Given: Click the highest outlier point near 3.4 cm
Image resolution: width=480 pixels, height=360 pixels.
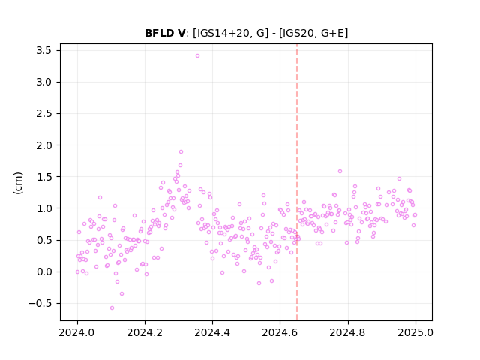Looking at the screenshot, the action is [x=197, y=55].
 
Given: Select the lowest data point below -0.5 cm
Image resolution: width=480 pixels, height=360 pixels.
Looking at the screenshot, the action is [x=112, y=307].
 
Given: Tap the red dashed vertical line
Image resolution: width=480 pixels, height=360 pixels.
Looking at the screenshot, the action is [x=297, y=182].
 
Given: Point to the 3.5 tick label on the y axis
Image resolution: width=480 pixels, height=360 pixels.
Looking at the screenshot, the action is [x=43, y=50].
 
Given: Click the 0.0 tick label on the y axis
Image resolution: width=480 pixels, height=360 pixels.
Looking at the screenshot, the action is [x=44, y=271].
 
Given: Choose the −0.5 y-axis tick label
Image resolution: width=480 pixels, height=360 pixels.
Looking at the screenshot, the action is [x=40, y=303].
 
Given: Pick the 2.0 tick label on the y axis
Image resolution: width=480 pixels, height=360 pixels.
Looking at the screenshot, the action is [x=43, y=145].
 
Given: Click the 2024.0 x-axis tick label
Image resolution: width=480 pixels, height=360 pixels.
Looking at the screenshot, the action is [x=77, y=332].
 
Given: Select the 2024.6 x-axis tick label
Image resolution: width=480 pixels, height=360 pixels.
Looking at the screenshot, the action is [x=280, y=332].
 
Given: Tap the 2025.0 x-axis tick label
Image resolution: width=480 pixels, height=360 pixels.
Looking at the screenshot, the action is [x=415, y=332].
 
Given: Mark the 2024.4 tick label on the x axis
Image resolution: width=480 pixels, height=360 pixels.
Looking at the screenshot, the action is [x=212, y=332].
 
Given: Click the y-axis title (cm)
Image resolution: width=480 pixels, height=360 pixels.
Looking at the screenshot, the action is [x=18, y=183].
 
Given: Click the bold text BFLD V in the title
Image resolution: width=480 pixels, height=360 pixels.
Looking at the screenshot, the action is [x=165, y=33].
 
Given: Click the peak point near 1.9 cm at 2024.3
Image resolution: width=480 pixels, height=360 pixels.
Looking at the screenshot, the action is [x=181, y=151].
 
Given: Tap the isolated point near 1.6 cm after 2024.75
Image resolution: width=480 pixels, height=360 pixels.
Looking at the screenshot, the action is [x=340, y=172].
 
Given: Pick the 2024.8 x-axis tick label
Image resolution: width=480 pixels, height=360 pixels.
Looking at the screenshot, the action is [x=347, y=332].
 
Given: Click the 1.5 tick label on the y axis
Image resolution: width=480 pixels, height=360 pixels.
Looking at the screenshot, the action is [x=44, y=177].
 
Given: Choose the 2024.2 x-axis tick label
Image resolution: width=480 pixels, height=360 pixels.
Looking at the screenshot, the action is [x=145, y=332].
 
